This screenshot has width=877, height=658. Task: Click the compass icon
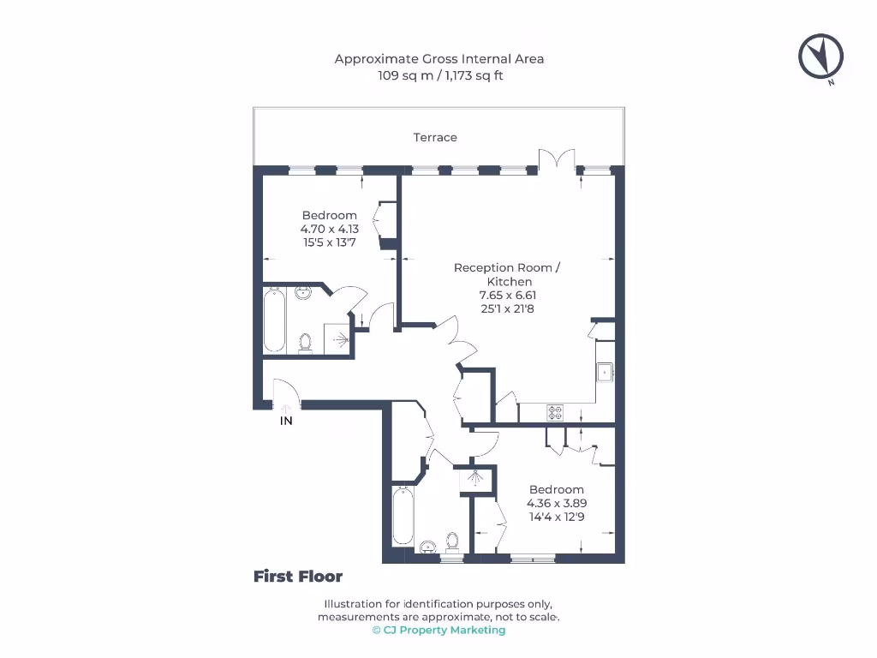(x=821, y=57)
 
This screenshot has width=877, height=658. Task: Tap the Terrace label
(x=435, y=137)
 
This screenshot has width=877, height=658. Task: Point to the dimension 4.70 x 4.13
(x=329, y=229)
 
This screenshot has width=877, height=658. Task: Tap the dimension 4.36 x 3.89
(x=556, y=504)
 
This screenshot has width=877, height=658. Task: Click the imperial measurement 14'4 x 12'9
(x=556, y=517)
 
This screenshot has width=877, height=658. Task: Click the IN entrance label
(x=286, y=421)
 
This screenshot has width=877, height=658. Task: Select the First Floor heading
(x=297, y=577)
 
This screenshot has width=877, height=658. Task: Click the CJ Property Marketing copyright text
(x=438, y=630)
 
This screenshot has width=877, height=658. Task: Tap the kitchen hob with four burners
(x=555, y=413)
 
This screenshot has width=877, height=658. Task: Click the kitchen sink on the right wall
(x=605, y=372)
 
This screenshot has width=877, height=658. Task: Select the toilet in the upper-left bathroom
(x=305, y=342)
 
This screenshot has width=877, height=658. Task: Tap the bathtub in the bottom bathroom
(x=402, y=516)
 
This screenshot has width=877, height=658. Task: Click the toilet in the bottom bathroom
(x=452, y=543)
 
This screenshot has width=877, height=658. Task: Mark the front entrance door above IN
(x=286, y=397)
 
